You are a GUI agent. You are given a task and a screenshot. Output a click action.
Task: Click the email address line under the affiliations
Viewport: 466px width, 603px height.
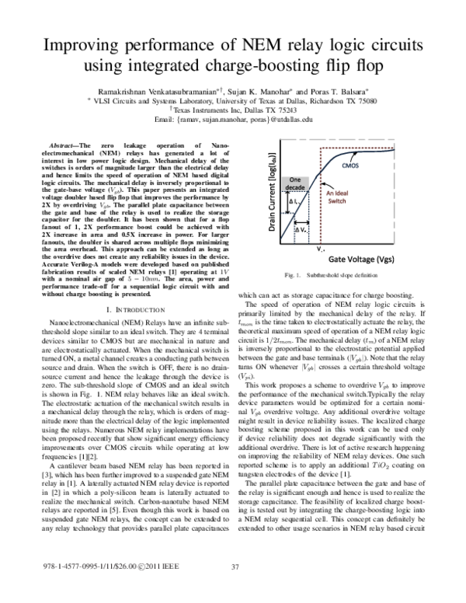[233, 121]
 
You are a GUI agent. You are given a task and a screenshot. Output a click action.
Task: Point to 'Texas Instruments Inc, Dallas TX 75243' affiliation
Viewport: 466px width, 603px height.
[234, 111]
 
